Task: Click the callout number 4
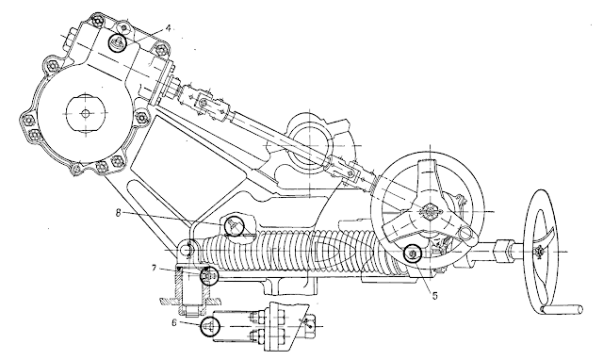tap(168, 28)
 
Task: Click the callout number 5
tap(435, 296)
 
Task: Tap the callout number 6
tap(174, 323)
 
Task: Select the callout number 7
tap(154, 268)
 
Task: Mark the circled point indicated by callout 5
tap(413, 254)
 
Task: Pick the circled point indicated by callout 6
tap(210, 326)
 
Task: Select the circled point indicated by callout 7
tap(209, 276)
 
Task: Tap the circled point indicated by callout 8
tap(235, 226)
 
